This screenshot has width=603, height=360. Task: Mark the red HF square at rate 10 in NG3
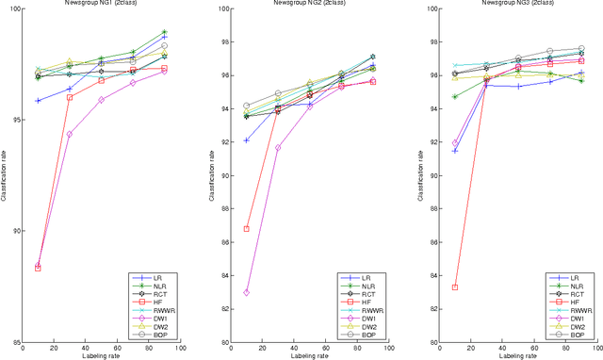[x=455, y=287]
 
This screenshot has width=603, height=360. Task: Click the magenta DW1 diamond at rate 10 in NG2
[x=247, y=292]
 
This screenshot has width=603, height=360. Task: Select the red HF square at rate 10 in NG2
[x=247, y=229]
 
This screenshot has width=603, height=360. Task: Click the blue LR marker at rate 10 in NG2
[x=247, y=140]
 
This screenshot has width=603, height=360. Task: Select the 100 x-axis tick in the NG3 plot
[x=595, y=349]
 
